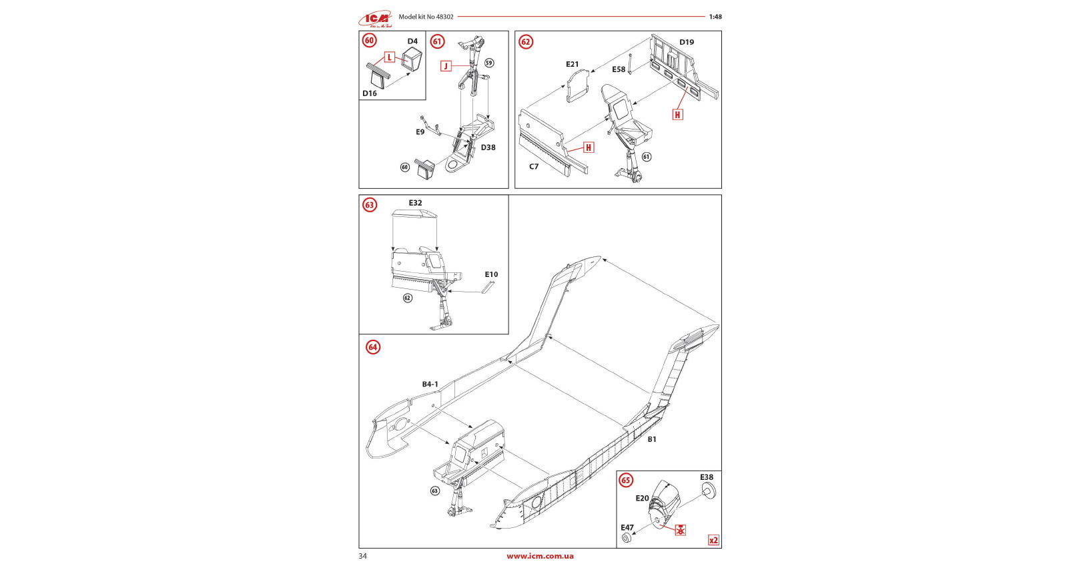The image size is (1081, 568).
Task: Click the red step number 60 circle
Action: (x=369, y=41)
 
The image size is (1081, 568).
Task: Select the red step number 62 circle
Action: (x=526, y=42)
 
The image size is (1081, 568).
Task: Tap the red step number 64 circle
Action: (x=373, y=347)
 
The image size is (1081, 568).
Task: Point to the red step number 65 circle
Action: (x=626, y=480)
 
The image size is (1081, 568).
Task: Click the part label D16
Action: (x=370, y=93)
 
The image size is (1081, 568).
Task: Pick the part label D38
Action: (x=488, y=148)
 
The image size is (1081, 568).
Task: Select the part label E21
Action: (x=573, y=65)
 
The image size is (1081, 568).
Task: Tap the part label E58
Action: (x=619, y=69)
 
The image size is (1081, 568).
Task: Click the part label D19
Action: (x=687, y=42)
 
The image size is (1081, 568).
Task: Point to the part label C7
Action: (x=534, y=167)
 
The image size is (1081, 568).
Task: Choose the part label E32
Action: (x=415, y=203)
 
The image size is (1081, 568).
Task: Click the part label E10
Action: (x=491, y=274)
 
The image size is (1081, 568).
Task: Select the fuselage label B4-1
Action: (x=430, y=384)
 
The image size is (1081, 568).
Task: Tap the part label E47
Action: (x=627, y=527)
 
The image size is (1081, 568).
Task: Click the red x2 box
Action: (x=713, y=541)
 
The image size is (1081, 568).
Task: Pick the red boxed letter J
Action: (x=446, y=66)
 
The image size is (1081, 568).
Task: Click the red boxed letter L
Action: (x=390, y=57)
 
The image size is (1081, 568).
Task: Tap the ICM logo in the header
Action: (x=375, y=19)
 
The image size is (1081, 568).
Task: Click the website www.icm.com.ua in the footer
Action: (x=540, y=556)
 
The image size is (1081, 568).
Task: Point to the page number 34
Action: (x=362, y=556)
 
